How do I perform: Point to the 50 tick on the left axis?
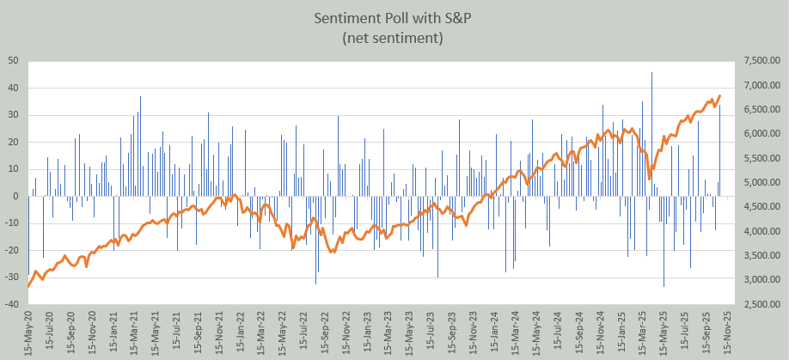[x=15, y=61]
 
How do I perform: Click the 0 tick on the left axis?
[x=17, y=196]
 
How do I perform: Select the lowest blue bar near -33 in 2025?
[x=664, y=285]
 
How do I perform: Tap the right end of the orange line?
[x=719, y=95]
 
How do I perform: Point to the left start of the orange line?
[x=28, y=286]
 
